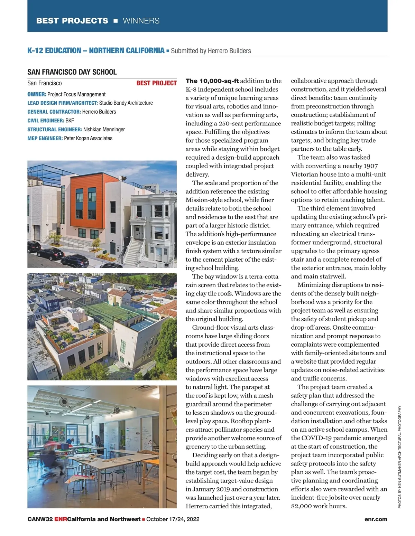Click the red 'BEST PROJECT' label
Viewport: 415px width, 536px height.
pyautogui.click(x=156, y=83)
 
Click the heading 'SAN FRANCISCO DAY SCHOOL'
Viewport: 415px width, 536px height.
pyautogui.click(x=72, y=72)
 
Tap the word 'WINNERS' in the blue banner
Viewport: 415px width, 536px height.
pyautogui.click(x=141, y=21)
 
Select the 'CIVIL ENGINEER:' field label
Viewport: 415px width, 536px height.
pyautogui.click(x=46, y=121)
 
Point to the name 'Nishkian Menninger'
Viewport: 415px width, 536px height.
pyautogui.click(x=104, y=130)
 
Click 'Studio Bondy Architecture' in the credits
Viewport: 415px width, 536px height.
pyautogui.click(x=126, y=103)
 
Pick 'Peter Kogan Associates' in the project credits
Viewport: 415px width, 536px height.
pyautogui.click(x=88, y=138)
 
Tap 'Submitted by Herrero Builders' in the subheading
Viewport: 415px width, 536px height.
pyautogui.click(x=211, y=51)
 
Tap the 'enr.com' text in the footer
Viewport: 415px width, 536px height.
pyautogui.click(x=376, y=519)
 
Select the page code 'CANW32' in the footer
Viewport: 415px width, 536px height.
pyautogui.click(x=40, y=519)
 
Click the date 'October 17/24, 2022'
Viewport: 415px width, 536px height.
pyautogui.click(x=173, y=519)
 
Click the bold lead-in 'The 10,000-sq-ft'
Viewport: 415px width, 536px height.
pyautogui.click(x=212, y=81)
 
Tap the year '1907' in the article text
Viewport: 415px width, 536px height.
pyautogui.click(x=371, y=166)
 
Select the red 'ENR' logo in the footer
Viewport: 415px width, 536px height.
pyautogui.click(x=61, y=519)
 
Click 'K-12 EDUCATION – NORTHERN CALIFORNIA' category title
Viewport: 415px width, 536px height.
pyautogui.click(x=96, y=50)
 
